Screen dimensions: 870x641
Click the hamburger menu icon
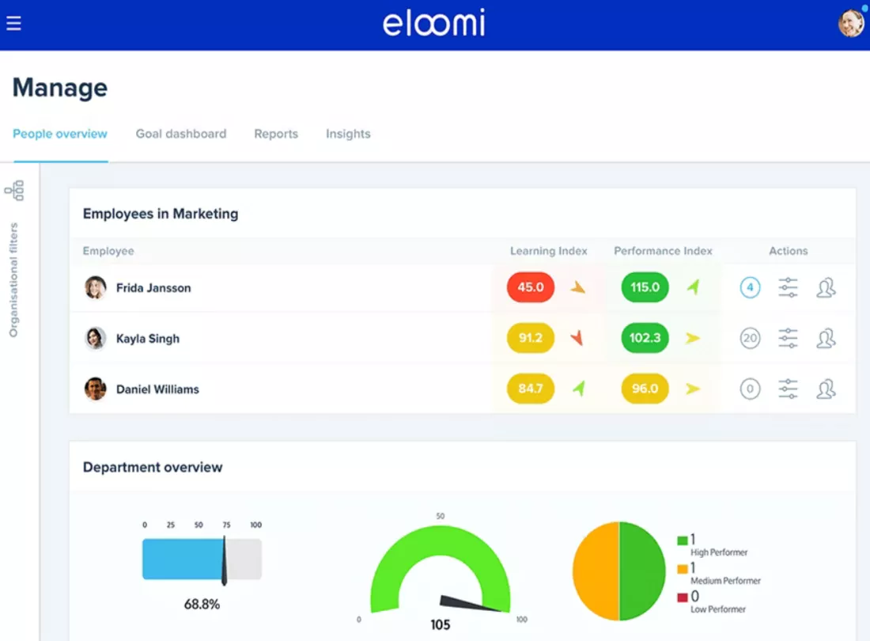(13, 23)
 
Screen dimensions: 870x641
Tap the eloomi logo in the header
(434, 23)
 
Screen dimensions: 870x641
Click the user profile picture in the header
(851, 23)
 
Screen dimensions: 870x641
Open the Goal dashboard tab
(181, 134)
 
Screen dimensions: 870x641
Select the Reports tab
(276, 134)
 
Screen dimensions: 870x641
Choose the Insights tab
(348, 134)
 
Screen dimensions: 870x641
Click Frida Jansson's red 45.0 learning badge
(531, 287)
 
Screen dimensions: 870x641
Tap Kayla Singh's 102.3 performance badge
(645, 338)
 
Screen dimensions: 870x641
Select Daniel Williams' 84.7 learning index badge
(531, 389)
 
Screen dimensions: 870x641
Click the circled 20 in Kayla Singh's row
(750, 338)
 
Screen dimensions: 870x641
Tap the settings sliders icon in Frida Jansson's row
(788, 287)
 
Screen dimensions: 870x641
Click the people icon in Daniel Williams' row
(826, 389)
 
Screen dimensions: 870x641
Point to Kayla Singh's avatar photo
(96, 338)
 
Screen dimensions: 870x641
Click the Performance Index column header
(663, 251)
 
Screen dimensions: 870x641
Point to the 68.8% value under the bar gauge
(202, 604)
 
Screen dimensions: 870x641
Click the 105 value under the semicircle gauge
(440, 625)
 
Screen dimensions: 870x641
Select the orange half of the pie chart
(596, 571)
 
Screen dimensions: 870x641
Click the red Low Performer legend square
(683, 597)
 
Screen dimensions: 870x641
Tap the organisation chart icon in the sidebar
(14, 191)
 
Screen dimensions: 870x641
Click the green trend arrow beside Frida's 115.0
(693, 287)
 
